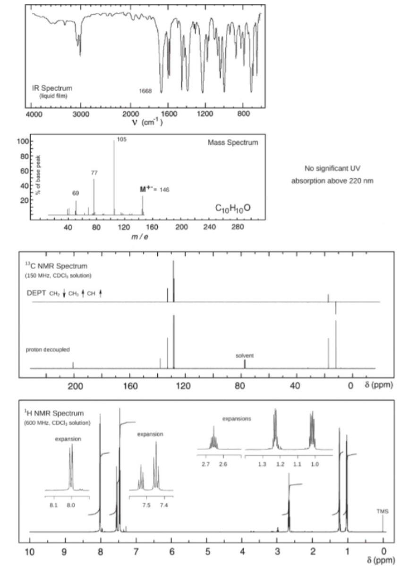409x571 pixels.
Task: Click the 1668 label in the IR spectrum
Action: [145, 91]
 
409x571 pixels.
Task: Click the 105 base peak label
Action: [122, 140]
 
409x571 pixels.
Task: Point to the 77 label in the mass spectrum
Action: [94, 173]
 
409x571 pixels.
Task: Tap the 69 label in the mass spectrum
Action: [76, 193]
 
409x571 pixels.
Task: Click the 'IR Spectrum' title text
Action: [52, 88]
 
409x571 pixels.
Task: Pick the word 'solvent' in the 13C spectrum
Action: [245, 355]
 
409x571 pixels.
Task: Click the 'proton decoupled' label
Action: [48, 349]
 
